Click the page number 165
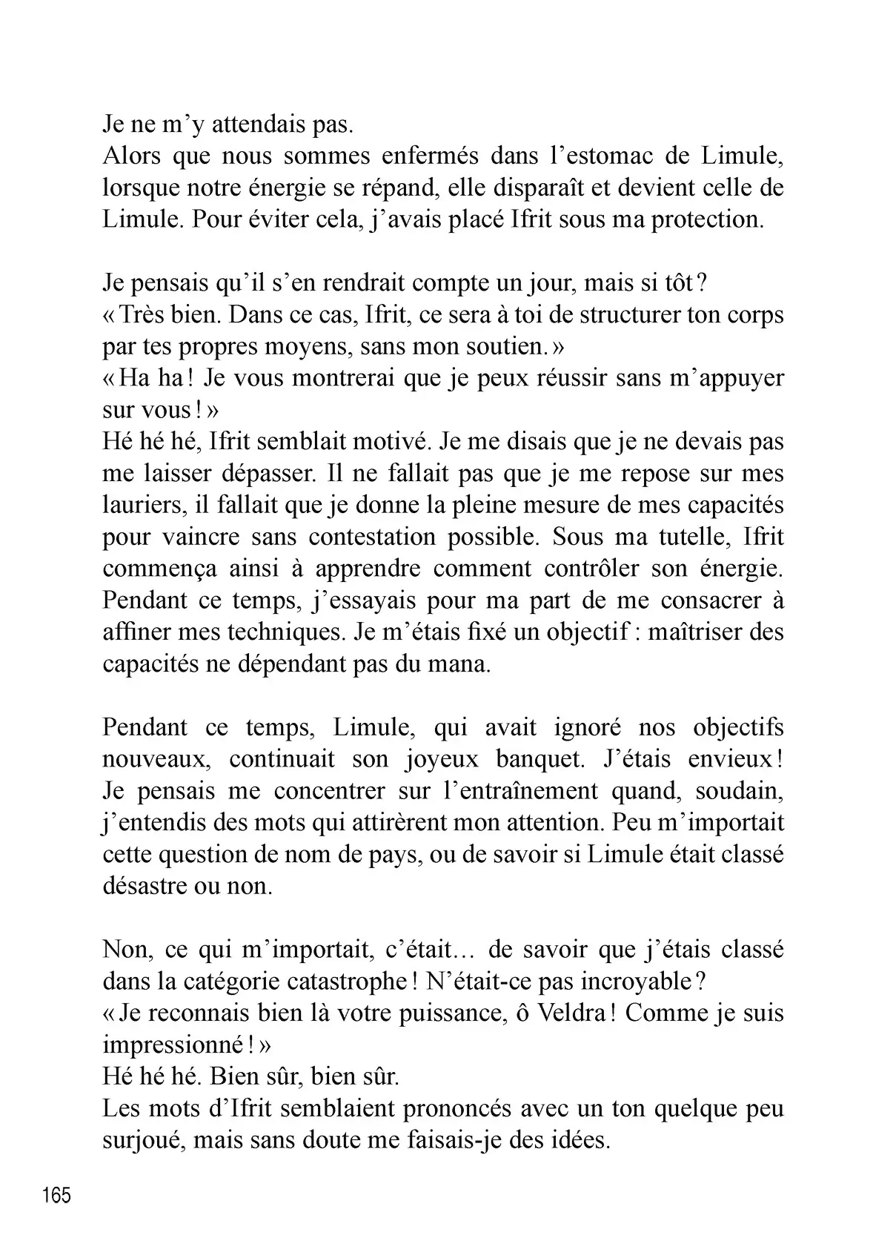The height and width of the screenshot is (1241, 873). click(57, 1195)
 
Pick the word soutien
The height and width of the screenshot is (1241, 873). click(505, 347)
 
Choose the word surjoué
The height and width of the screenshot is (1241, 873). click(142, 1141)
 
